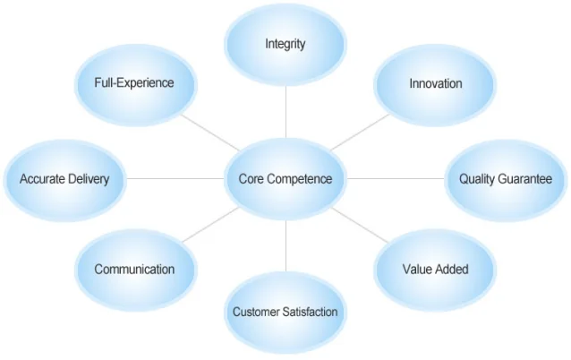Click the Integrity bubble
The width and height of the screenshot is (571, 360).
click(x=285, y=44)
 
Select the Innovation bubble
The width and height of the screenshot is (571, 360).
click(x=436, y=84)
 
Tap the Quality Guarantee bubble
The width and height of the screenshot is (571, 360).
click(x=506, y=179)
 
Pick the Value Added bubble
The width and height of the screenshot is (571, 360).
click(x=435, y=269)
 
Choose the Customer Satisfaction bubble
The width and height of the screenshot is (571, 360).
click(x=285, y=313)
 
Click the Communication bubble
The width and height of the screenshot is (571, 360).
click(x=134, y=269)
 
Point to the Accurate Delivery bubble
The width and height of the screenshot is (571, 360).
click(x=64, y=179)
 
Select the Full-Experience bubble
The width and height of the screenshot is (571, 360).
click(x=134, y=83)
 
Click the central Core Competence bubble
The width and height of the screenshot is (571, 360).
click(x=285, y=179)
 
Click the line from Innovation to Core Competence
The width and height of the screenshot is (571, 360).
click(x=361, y=132)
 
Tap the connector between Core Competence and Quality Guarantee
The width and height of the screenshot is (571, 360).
click(x=396, y=179)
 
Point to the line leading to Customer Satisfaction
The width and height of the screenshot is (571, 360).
click(x=285, y=246)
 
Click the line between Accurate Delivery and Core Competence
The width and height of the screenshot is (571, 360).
click(x=175, y=179)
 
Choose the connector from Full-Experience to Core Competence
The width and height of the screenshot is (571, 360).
click(x=209, y=132)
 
